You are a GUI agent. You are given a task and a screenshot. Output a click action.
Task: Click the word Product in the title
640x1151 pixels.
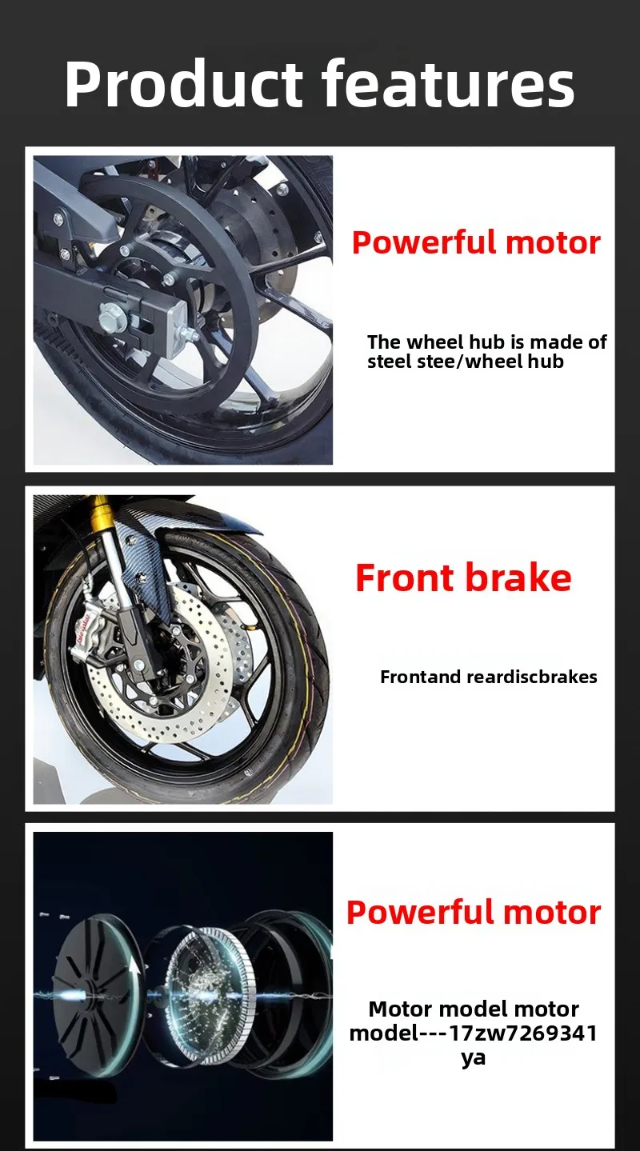coord(184,85)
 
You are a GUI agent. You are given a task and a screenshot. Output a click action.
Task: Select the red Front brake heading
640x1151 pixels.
coord(463,577)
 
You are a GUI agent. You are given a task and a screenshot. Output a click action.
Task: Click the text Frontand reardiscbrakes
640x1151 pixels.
coord(488,677)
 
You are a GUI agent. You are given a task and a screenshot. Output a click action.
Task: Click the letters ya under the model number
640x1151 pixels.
coord(473,1057)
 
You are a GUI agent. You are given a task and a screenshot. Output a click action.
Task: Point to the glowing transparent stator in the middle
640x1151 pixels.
coord(208,994)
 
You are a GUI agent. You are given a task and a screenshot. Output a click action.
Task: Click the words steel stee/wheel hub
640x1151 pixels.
coord(466,362)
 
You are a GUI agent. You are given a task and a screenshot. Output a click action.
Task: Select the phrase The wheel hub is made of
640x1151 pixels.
coord(487,342)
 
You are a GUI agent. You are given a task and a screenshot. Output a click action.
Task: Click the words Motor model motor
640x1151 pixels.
coord(474,1009)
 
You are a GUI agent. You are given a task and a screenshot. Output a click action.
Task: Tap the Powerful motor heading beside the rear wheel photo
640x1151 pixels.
coord(476,242)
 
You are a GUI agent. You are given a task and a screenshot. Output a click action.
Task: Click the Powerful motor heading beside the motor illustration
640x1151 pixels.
coord(474,913)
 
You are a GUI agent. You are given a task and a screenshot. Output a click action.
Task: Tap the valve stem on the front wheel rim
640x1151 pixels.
coord(249,772)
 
